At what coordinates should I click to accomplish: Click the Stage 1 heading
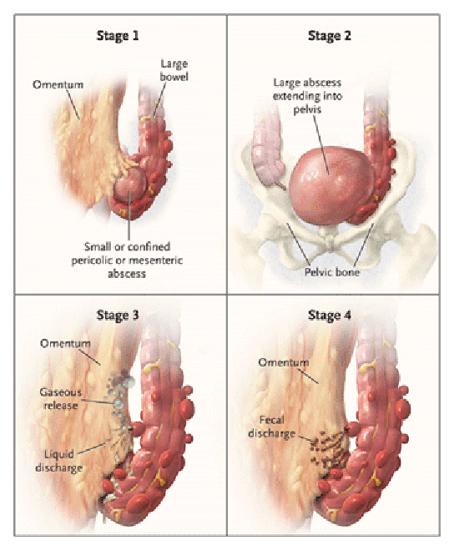click(x=118, y=36)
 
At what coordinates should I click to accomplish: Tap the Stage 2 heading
click(x=330, y=36)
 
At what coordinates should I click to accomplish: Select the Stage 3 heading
click(x=118, y=316)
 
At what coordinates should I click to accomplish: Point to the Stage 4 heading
click(x=330, y=316)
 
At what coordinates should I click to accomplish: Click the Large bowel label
click(x=174, y=70)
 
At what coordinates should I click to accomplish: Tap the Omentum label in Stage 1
click(x=58, y=84)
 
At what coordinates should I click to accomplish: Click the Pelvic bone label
click(x=332, y=272)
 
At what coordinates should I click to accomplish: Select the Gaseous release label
click(x=60, y=398)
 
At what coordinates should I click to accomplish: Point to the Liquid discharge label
click(x=59, y=461)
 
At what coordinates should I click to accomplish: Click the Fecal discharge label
click(x=271, y=427)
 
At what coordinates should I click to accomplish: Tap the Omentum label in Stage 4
click(x=284, y=362)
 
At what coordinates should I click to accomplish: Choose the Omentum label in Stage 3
click(x=65, y=343)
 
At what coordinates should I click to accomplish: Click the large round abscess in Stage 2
click(x=331, y=185)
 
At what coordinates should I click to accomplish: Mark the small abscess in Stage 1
click(x=129, y=185)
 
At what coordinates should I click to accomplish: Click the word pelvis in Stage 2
click(x=307, y=109)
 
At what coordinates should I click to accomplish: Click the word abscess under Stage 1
click(x=127, y=274)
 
